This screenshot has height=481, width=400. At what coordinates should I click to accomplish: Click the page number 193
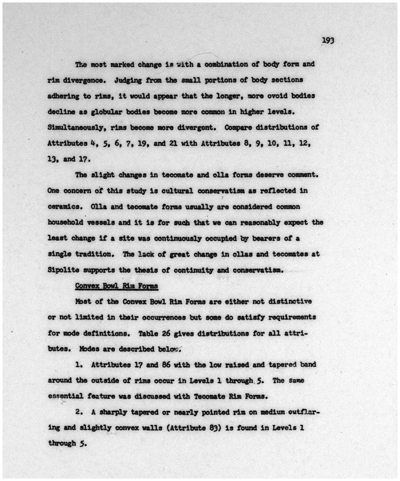click(x=328, y=40)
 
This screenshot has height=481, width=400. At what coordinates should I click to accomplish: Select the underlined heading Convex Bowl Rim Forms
click(x=117, y=286)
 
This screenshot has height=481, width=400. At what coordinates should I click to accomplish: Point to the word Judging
click(x=128, y=80)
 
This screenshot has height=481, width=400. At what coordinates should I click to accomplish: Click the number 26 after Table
click(x=166, y=333)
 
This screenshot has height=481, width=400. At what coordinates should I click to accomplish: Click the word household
click(x=67, y=222)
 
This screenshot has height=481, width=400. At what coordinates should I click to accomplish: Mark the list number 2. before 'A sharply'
click(x=79, y=412)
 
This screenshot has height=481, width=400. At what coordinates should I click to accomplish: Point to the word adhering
click(x=63, y=96)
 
